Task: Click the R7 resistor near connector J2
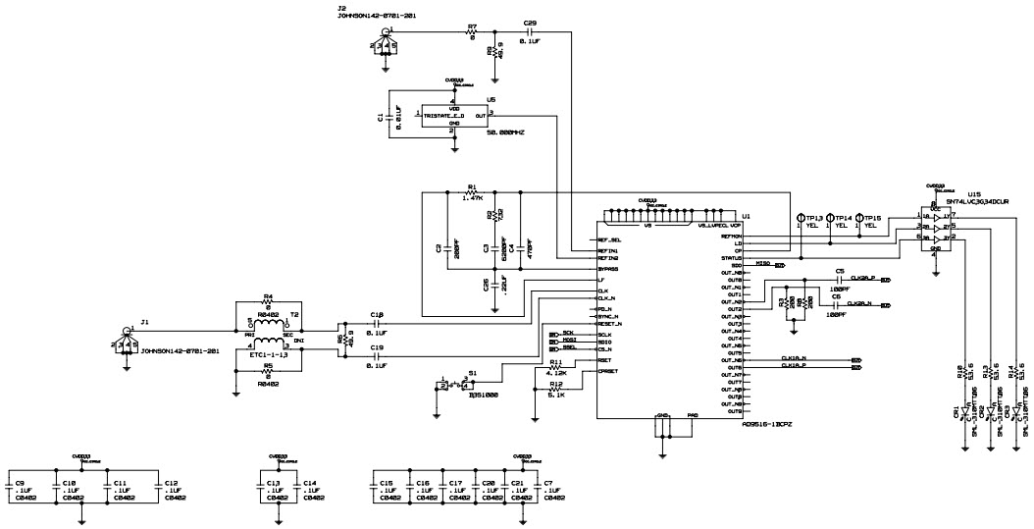click(472, 31)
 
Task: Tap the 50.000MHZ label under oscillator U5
click(506, 132)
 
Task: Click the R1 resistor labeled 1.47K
click(472, 191)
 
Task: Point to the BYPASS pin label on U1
click(609, 267)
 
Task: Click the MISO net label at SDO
click(762, 264)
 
